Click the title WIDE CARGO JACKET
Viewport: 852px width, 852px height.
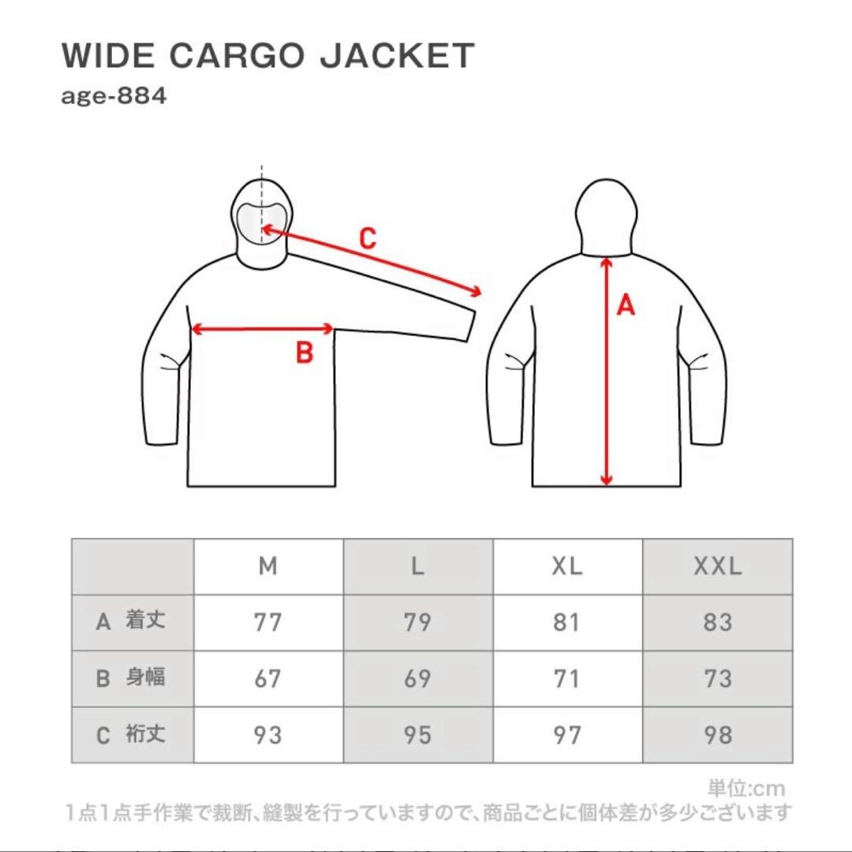tap(267, 56)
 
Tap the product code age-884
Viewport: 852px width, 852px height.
tap(114, 99)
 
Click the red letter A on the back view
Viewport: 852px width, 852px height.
tap(625, 305)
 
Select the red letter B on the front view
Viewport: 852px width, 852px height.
tap(305, 353)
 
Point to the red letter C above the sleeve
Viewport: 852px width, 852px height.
tap(368, 237)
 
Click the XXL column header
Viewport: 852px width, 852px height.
tap(717, 566)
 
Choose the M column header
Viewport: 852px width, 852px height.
tap(268, 566)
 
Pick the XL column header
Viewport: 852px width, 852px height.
tap(567, 566)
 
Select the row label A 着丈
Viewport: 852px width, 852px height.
tap(132, 622)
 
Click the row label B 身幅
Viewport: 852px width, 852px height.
tap(132, 678)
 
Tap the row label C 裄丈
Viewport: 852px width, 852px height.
tap(132, 735)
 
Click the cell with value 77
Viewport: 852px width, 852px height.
tap(268, 622)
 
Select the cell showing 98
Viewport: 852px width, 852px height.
tap(717, 735)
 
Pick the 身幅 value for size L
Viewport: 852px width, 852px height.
tap(417, 678)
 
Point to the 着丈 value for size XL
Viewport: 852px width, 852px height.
tap(567, 622)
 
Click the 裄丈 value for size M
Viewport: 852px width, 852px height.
tap(268, 735)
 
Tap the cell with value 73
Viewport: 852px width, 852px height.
tap(717, 678)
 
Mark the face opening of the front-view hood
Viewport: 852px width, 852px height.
tap(262, 221)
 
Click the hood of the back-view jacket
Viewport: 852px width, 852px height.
tap(606, 213)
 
